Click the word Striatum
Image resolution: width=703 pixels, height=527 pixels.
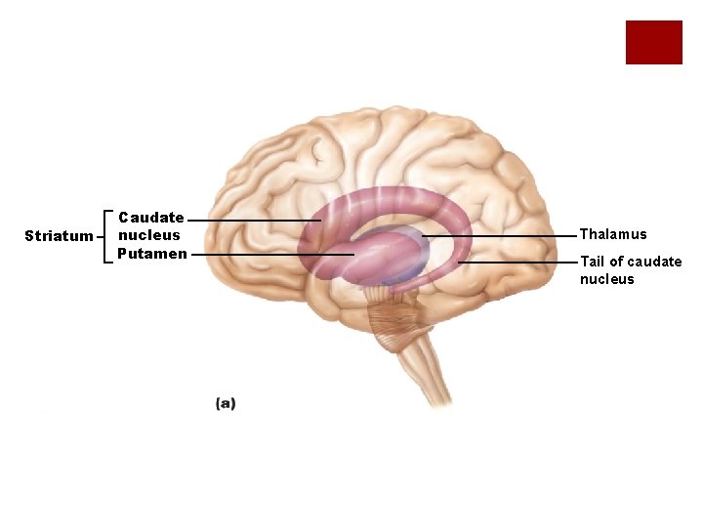[x=58, y=236]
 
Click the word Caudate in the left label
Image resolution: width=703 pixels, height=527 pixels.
[x=151, y=218]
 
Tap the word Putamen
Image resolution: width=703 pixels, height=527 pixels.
[x=151, y=254]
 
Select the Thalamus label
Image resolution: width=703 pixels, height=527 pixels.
[x=613, y=234]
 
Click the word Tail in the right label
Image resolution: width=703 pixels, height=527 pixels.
[x=592, y=262]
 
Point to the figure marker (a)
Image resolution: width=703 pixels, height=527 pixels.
[x=226, y=402]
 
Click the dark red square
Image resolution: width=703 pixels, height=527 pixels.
[x=653, y=42]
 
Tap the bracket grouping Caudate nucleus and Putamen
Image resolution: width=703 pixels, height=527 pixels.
[x=104, y=236]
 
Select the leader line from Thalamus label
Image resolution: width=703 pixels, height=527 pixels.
[x=508, y=236]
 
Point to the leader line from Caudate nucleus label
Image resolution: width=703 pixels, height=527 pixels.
[x=254, y=221]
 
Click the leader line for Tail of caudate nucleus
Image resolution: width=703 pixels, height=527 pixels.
[x=517, y=263]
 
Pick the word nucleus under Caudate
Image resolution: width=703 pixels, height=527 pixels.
[x=149, y=235]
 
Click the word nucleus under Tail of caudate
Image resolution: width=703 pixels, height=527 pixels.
[x=606, y=279]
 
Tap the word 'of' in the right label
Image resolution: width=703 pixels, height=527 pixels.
[x=615, y=262]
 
